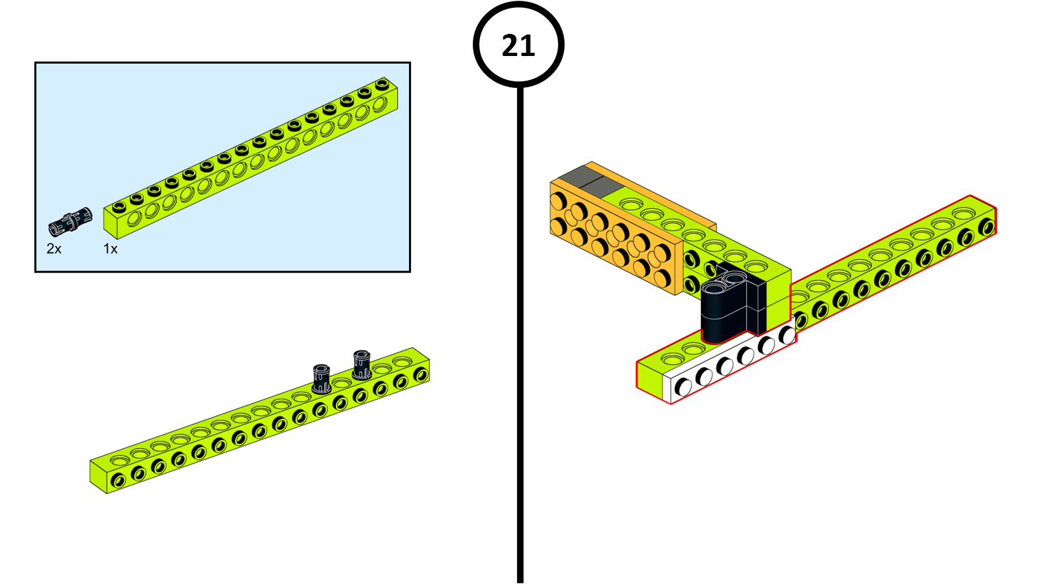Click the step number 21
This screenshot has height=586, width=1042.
tap(518, 46)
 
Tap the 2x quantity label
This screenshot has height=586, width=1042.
tap(54, 249)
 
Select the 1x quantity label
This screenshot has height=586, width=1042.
tap(111, 249)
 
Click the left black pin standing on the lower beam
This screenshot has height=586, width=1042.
tap(321, 378)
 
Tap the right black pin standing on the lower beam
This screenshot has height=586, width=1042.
tap(362, 365)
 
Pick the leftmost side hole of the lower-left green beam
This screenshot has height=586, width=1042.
tap(118, 481)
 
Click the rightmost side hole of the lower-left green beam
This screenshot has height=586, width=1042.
tap(421, 374)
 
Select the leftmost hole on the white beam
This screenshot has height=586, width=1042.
tap(683, 387)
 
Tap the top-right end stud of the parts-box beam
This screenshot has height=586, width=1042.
tap(382, 84)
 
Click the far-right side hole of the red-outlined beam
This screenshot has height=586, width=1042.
tap(987, 227)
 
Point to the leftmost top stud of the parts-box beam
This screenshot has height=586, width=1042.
tap(119, 208)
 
